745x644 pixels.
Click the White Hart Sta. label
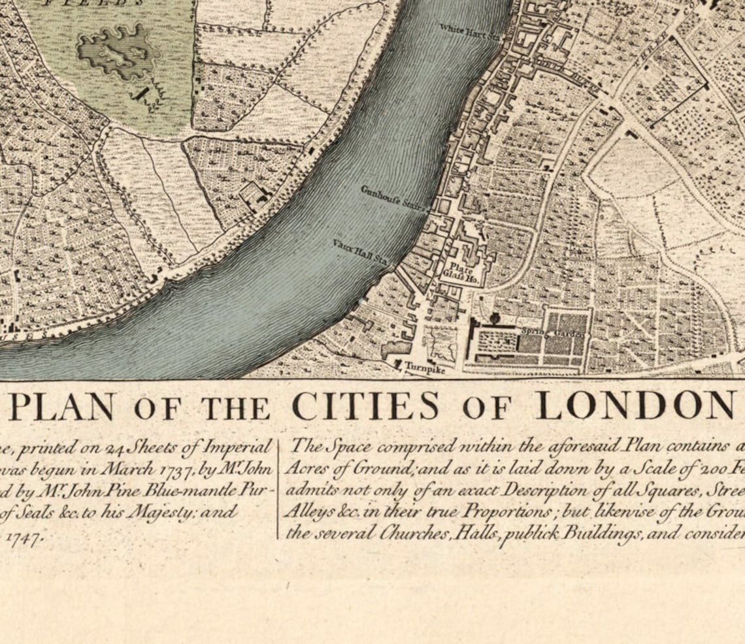[x=468, y=31]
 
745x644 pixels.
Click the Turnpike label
[x=424, y=369]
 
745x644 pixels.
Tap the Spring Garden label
[x=553, y=332]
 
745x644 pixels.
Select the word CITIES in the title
[x=365, y=406]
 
